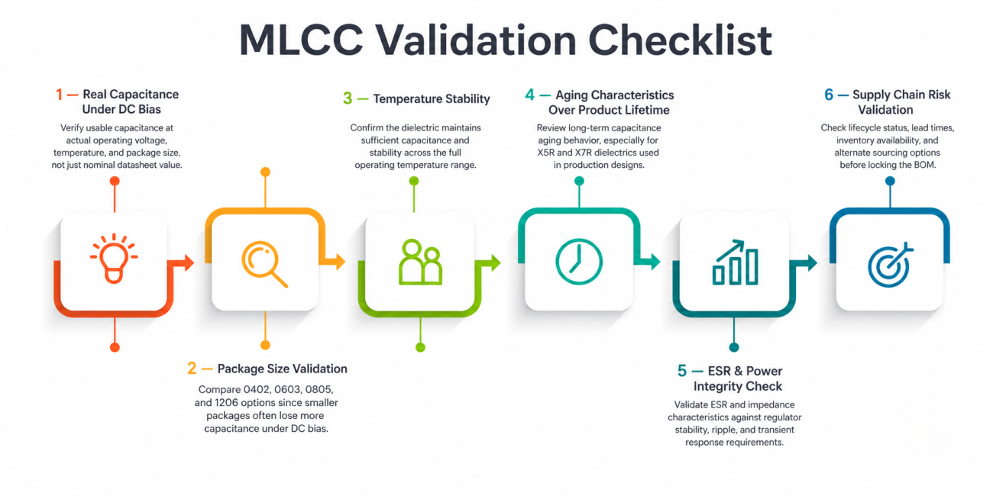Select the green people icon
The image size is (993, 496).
point(420,262)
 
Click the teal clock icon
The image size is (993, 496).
point(579,261)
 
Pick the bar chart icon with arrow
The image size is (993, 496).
point(736,262)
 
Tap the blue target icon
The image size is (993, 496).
point(890,265)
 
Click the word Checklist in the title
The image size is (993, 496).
point(680,40)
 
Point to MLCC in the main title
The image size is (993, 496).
point(302,40)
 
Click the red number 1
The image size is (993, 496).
point(59,95)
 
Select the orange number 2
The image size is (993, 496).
point(192,369)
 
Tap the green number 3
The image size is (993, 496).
point(348,98)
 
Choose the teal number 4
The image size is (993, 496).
point(530,95)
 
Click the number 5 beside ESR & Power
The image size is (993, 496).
point(682,371)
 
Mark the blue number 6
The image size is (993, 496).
point(829,95)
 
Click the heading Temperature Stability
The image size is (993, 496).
point(432,98)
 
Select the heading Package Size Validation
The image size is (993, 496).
point(283,369)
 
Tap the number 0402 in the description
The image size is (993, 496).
point(256,390)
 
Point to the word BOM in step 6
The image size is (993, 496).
point(923,165)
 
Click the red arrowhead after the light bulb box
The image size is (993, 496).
point(189,262)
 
